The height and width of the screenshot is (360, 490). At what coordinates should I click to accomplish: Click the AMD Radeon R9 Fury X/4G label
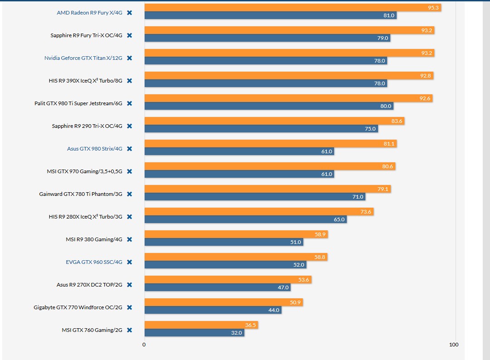(89, 13)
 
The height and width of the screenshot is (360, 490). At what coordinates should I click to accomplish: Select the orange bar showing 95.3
(292, 8)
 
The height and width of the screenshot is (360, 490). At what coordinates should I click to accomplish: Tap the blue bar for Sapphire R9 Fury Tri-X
(267, 38)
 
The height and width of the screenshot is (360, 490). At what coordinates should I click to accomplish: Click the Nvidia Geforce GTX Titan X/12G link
(83, 58)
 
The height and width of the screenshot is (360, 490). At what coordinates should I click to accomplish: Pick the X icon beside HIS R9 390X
(129, 81)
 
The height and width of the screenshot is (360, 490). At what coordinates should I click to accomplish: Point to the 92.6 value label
(425, 98)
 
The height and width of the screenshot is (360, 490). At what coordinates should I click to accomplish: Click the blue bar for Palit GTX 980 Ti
(268, 106)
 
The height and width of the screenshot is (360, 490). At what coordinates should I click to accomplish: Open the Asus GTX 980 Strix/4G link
(94, 149)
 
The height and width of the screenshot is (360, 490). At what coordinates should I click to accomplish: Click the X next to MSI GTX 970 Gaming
(129, 171)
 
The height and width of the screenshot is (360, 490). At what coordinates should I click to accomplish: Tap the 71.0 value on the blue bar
(358, 197)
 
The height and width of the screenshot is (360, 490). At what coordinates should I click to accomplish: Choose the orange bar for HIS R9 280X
(258, 212)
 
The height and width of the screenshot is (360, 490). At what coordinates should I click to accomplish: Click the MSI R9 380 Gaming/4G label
(94, 239)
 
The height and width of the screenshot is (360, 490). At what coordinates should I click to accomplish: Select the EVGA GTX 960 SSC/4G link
(94, 262)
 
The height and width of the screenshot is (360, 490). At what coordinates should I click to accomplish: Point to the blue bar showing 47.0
(217, 287)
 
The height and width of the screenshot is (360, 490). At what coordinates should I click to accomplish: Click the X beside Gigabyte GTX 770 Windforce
(129, 307)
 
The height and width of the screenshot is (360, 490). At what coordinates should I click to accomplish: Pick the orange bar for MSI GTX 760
(201, 325)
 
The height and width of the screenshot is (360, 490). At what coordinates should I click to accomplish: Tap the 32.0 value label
(237, 333)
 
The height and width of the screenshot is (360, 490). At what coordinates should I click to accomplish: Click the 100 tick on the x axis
(454, 345)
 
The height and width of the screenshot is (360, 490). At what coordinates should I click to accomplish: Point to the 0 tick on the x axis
(144, 345)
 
